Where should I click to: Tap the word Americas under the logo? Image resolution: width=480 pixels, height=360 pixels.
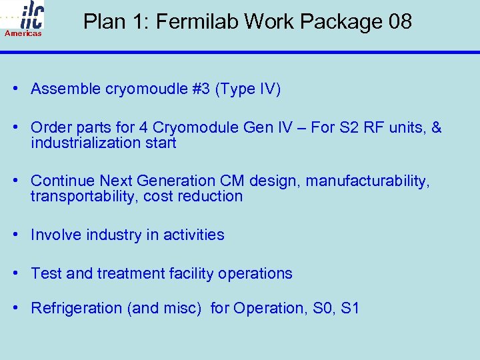click(x=23, y=33)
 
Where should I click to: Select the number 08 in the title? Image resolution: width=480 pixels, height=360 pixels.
click(x=400, y=22)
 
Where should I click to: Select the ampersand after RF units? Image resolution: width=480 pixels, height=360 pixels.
click(x=436, y=128)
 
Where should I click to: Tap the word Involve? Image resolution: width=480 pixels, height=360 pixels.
click(x=54, y=235)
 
